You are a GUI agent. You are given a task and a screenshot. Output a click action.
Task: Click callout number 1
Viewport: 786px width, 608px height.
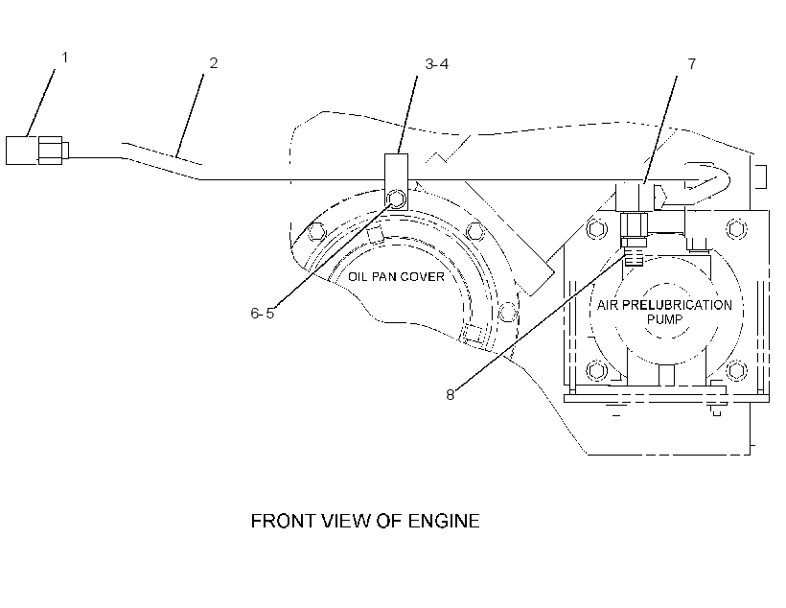pyautogui.click(x=64, y=58)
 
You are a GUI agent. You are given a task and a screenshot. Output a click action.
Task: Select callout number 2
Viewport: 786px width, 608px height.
pyautogui.click(x=214, y=63)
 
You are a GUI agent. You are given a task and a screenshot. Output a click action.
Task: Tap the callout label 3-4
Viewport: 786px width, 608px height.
pyautogui.click(x=436, y=63)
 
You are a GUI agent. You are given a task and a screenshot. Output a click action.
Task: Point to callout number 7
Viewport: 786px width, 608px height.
pyautogui.click(x=692, y=63)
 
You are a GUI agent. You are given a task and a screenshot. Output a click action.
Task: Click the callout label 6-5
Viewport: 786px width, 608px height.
pyautogui.click(x=263, y=313)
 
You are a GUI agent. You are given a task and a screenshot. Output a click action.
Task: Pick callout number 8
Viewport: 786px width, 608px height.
pyautogui.click(x=451, y=395)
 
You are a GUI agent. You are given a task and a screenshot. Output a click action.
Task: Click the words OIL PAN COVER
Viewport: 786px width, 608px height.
pyautogui.click(x=396, y=276)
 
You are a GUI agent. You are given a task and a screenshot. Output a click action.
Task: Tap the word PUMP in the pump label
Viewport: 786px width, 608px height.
pyautogui.click(x=664, y=319)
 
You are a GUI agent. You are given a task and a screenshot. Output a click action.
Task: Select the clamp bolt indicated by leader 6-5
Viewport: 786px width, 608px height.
pyautogui.click(x=396, y=199)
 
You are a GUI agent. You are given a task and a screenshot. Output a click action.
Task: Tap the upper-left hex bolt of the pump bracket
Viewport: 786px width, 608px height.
pyautogui.click(x=596, y=229)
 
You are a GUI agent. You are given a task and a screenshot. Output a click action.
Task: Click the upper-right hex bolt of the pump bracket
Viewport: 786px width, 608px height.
pyautogui.click(x=736, y=229)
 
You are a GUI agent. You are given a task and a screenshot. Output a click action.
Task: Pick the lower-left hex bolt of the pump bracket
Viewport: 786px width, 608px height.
pyautogui.click(x=596, y=371)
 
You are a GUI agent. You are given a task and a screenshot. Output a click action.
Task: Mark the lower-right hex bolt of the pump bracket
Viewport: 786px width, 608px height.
pyautogui.click(x=736, y=370)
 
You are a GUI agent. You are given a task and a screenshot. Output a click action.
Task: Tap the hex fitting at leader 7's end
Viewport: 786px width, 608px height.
pyautogui.click(x=634, y=224)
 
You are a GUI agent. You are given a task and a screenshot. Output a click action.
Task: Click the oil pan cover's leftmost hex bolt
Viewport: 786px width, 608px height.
pyautogui.click(x=315, y=231)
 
